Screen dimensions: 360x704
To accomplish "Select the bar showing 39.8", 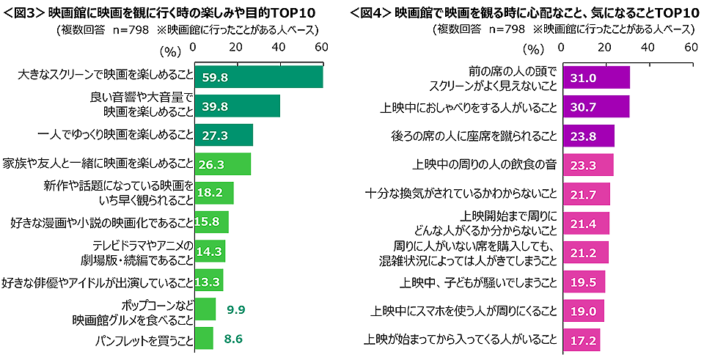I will (236, 106).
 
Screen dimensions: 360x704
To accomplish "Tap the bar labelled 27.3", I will (223, 135).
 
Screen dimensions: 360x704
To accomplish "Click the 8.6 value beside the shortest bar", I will (233, 339).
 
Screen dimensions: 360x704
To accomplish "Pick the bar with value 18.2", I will (213, 194).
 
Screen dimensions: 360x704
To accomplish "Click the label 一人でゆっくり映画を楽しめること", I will (114, 135).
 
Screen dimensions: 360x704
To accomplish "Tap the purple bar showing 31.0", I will (596, 77).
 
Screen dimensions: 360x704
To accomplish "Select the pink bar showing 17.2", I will (581, 339).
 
